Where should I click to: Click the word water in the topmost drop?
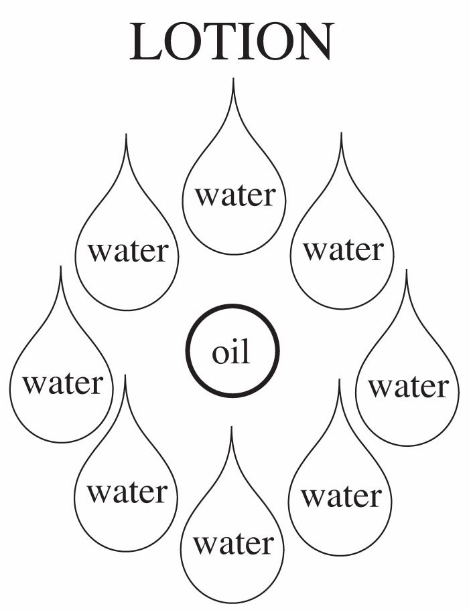tap(234, 196)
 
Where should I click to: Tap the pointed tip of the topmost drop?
tap(233, 80)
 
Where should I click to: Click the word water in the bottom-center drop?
tap(234, 543)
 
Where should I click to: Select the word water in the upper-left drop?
tap(128, 252)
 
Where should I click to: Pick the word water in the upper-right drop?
tap(342, 250)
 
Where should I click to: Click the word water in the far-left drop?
tap(63, 384)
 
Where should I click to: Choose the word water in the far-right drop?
tap(408, 387)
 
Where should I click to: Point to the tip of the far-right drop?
tap(407, 271)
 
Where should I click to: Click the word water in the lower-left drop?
tap(127, 494)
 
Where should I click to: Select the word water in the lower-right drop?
tap(341, 497)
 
